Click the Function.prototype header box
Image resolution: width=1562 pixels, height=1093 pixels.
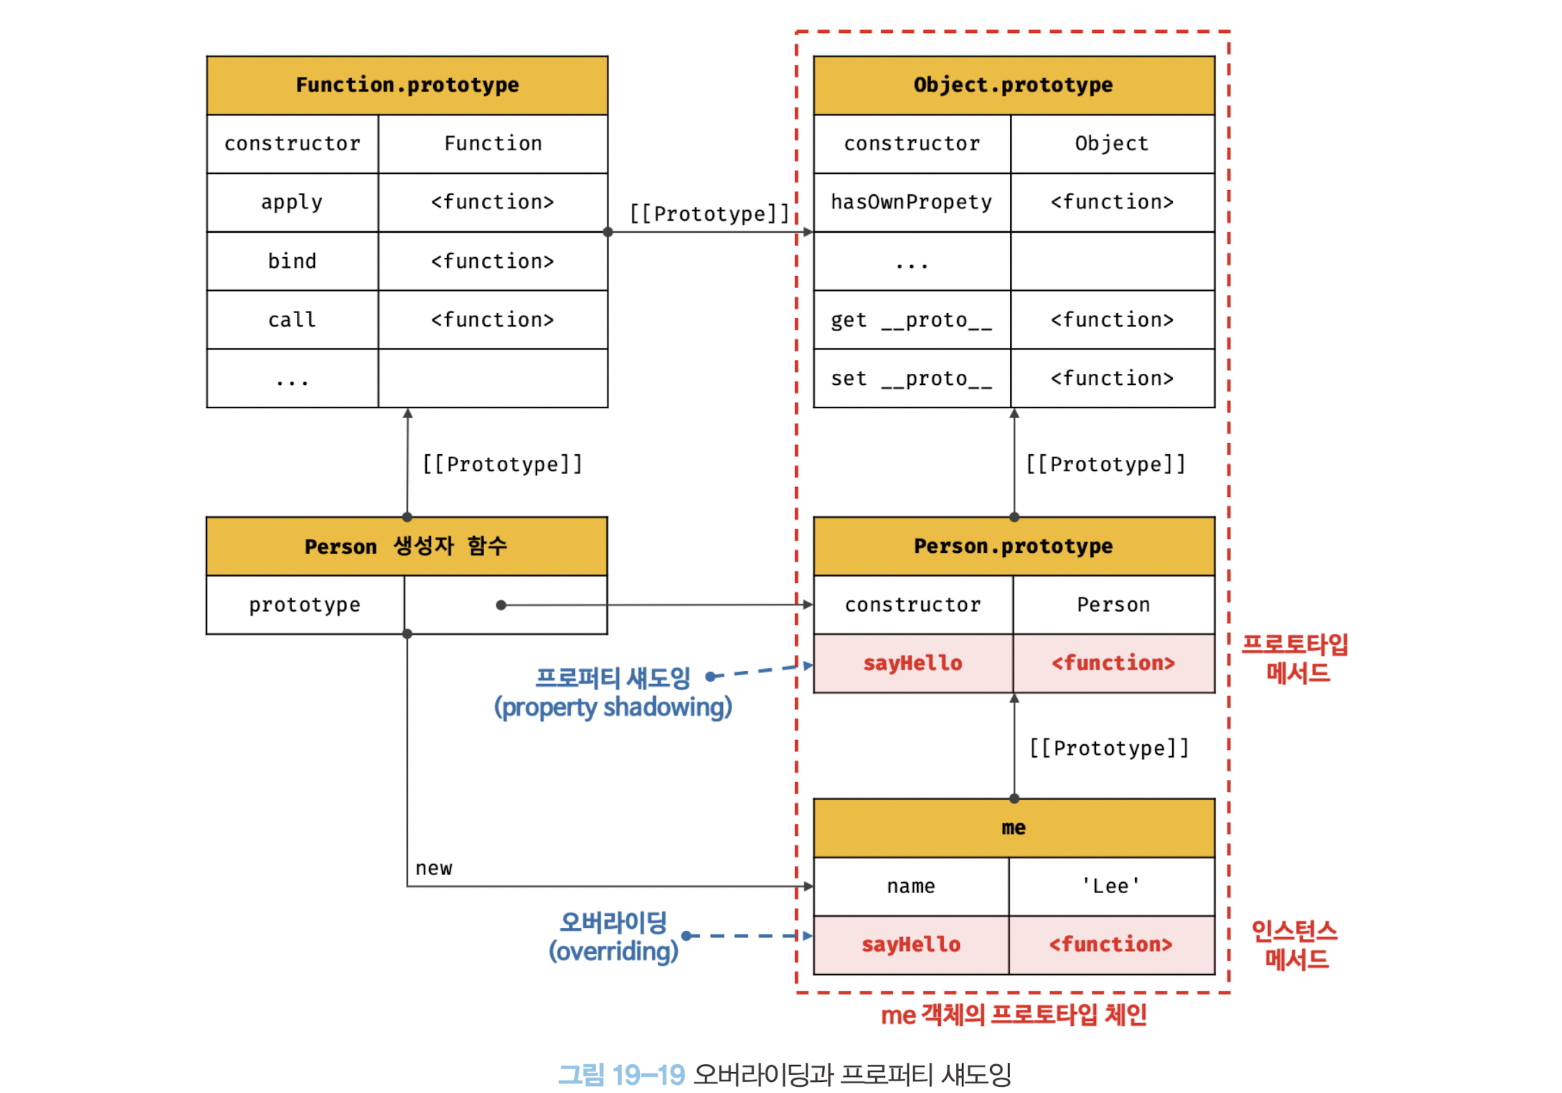pos(407,85)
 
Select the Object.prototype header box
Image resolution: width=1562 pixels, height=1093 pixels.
pos(1014,85)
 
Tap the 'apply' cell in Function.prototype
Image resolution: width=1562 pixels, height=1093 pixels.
pos(293,202)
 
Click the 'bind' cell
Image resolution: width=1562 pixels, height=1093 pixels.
pos(293,261)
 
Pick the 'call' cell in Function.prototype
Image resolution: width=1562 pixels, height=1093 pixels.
pos(293,320)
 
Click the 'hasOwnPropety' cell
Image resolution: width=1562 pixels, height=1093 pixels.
pos(912,202)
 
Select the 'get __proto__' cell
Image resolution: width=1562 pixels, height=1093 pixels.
pos(912,320)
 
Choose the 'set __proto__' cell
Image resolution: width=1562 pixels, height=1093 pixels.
pos(912,379)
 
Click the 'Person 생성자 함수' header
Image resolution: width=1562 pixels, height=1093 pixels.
pos(407,546)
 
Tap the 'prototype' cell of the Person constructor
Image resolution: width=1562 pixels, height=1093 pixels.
pos(305,605)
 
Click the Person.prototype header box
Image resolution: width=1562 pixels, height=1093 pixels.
pos(1014,546)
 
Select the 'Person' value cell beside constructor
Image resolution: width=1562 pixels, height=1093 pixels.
pos(1114,605)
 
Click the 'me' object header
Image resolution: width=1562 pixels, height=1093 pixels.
pos(1014,828)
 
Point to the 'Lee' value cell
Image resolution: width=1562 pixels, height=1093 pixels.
pos(1111,886)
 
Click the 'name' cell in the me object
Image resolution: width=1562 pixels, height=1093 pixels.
pos(911,886)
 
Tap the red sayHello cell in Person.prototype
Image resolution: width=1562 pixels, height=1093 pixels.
pos(913,663)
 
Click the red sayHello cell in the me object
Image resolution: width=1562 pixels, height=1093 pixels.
pos(911,945)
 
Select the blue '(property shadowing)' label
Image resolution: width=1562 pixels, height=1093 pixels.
pos(613,707)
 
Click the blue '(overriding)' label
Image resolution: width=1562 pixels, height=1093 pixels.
pos(613,951)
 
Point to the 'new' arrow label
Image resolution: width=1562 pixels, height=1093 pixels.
pos(434,869)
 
